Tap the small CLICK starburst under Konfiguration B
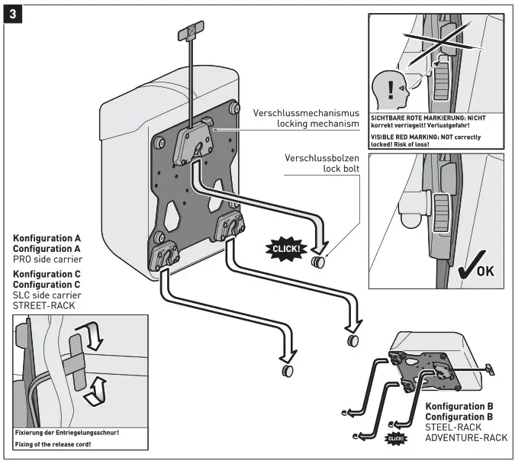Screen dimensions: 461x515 point(394,437)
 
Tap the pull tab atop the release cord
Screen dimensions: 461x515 point(187,34)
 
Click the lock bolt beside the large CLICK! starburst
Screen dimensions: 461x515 point(317,264)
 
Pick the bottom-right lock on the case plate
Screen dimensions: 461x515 point(231,227)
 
